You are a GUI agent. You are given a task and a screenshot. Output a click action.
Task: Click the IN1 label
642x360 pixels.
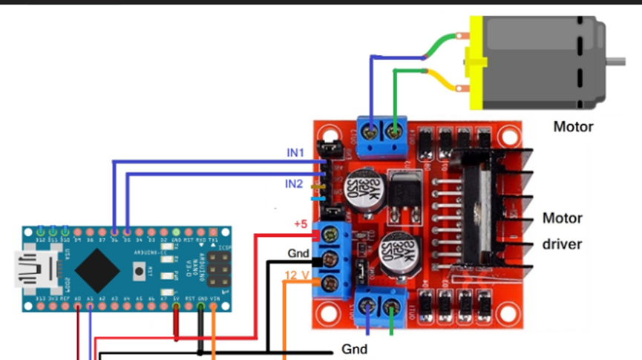tap(295, 152)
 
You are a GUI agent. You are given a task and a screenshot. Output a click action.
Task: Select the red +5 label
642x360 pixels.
tap(301, 223)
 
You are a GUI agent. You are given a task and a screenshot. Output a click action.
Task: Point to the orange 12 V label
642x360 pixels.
tap(297, 275)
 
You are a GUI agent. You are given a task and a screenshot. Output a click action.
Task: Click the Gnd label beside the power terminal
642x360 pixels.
tap(298, 253)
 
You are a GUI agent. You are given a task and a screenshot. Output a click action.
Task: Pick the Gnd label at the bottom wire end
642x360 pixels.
tap(354, 348)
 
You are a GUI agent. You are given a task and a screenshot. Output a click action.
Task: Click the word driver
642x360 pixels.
tap(562, 243)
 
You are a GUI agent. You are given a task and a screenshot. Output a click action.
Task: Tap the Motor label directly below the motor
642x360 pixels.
tap(573, 127)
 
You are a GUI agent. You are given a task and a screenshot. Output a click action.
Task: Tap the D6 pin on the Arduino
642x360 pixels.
tap(114, 230)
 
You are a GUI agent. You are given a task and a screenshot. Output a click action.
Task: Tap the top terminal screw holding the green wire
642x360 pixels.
tap(395, 134)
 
